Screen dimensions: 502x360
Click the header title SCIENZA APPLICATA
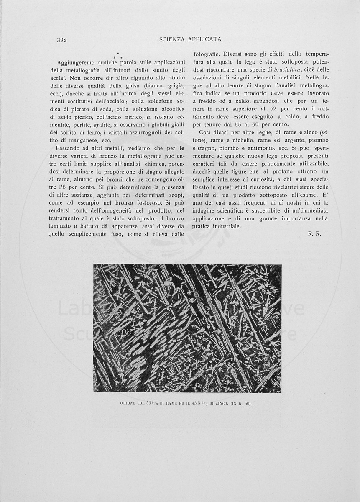pyautogui.click(x=190, y=39)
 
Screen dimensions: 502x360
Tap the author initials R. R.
pyautogui.click(x=314, y=234)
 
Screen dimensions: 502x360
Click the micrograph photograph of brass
pyautogui.click(x=187, y=328)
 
